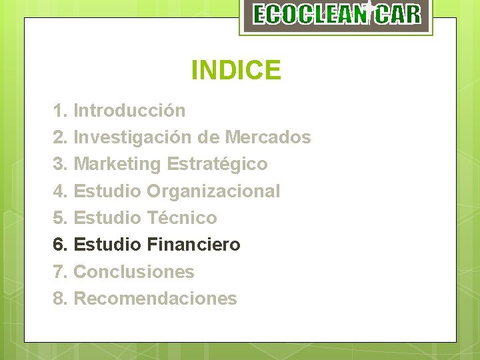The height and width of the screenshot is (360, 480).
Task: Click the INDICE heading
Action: coord(236,69)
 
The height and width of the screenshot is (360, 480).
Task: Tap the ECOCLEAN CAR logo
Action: coord(337,15)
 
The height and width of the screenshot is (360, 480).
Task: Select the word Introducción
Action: coord(129,110)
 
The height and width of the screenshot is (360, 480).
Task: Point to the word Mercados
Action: coord(268,137)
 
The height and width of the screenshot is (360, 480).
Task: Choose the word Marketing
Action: coord(117,164)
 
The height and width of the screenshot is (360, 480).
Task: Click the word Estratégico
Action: coord(217,164)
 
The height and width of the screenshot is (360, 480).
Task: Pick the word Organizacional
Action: coord(213,191)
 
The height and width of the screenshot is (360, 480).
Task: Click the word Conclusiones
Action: coord(134,272)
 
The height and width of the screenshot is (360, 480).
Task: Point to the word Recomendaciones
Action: coord(155,299)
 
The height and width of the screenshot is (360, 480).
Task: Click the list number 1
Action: coord(59,110)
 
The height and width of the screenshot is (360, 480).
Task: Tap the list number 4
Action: coord(59,191)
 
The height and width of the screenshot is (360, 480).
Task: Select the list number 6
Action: coord(59,245)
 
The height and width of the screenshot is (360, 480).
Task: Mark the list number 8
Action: coord(59,299)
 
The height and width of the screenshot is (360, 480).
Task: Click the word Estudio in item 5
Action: coord(107,218)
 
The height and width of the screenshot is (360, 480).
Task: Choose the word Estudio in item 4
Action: coord(107,191)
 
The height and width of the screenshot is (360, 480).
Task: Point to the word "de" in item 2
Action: coord(209,137)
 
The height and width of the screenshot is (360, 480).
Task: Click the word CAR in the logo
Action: coord(397,15)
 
